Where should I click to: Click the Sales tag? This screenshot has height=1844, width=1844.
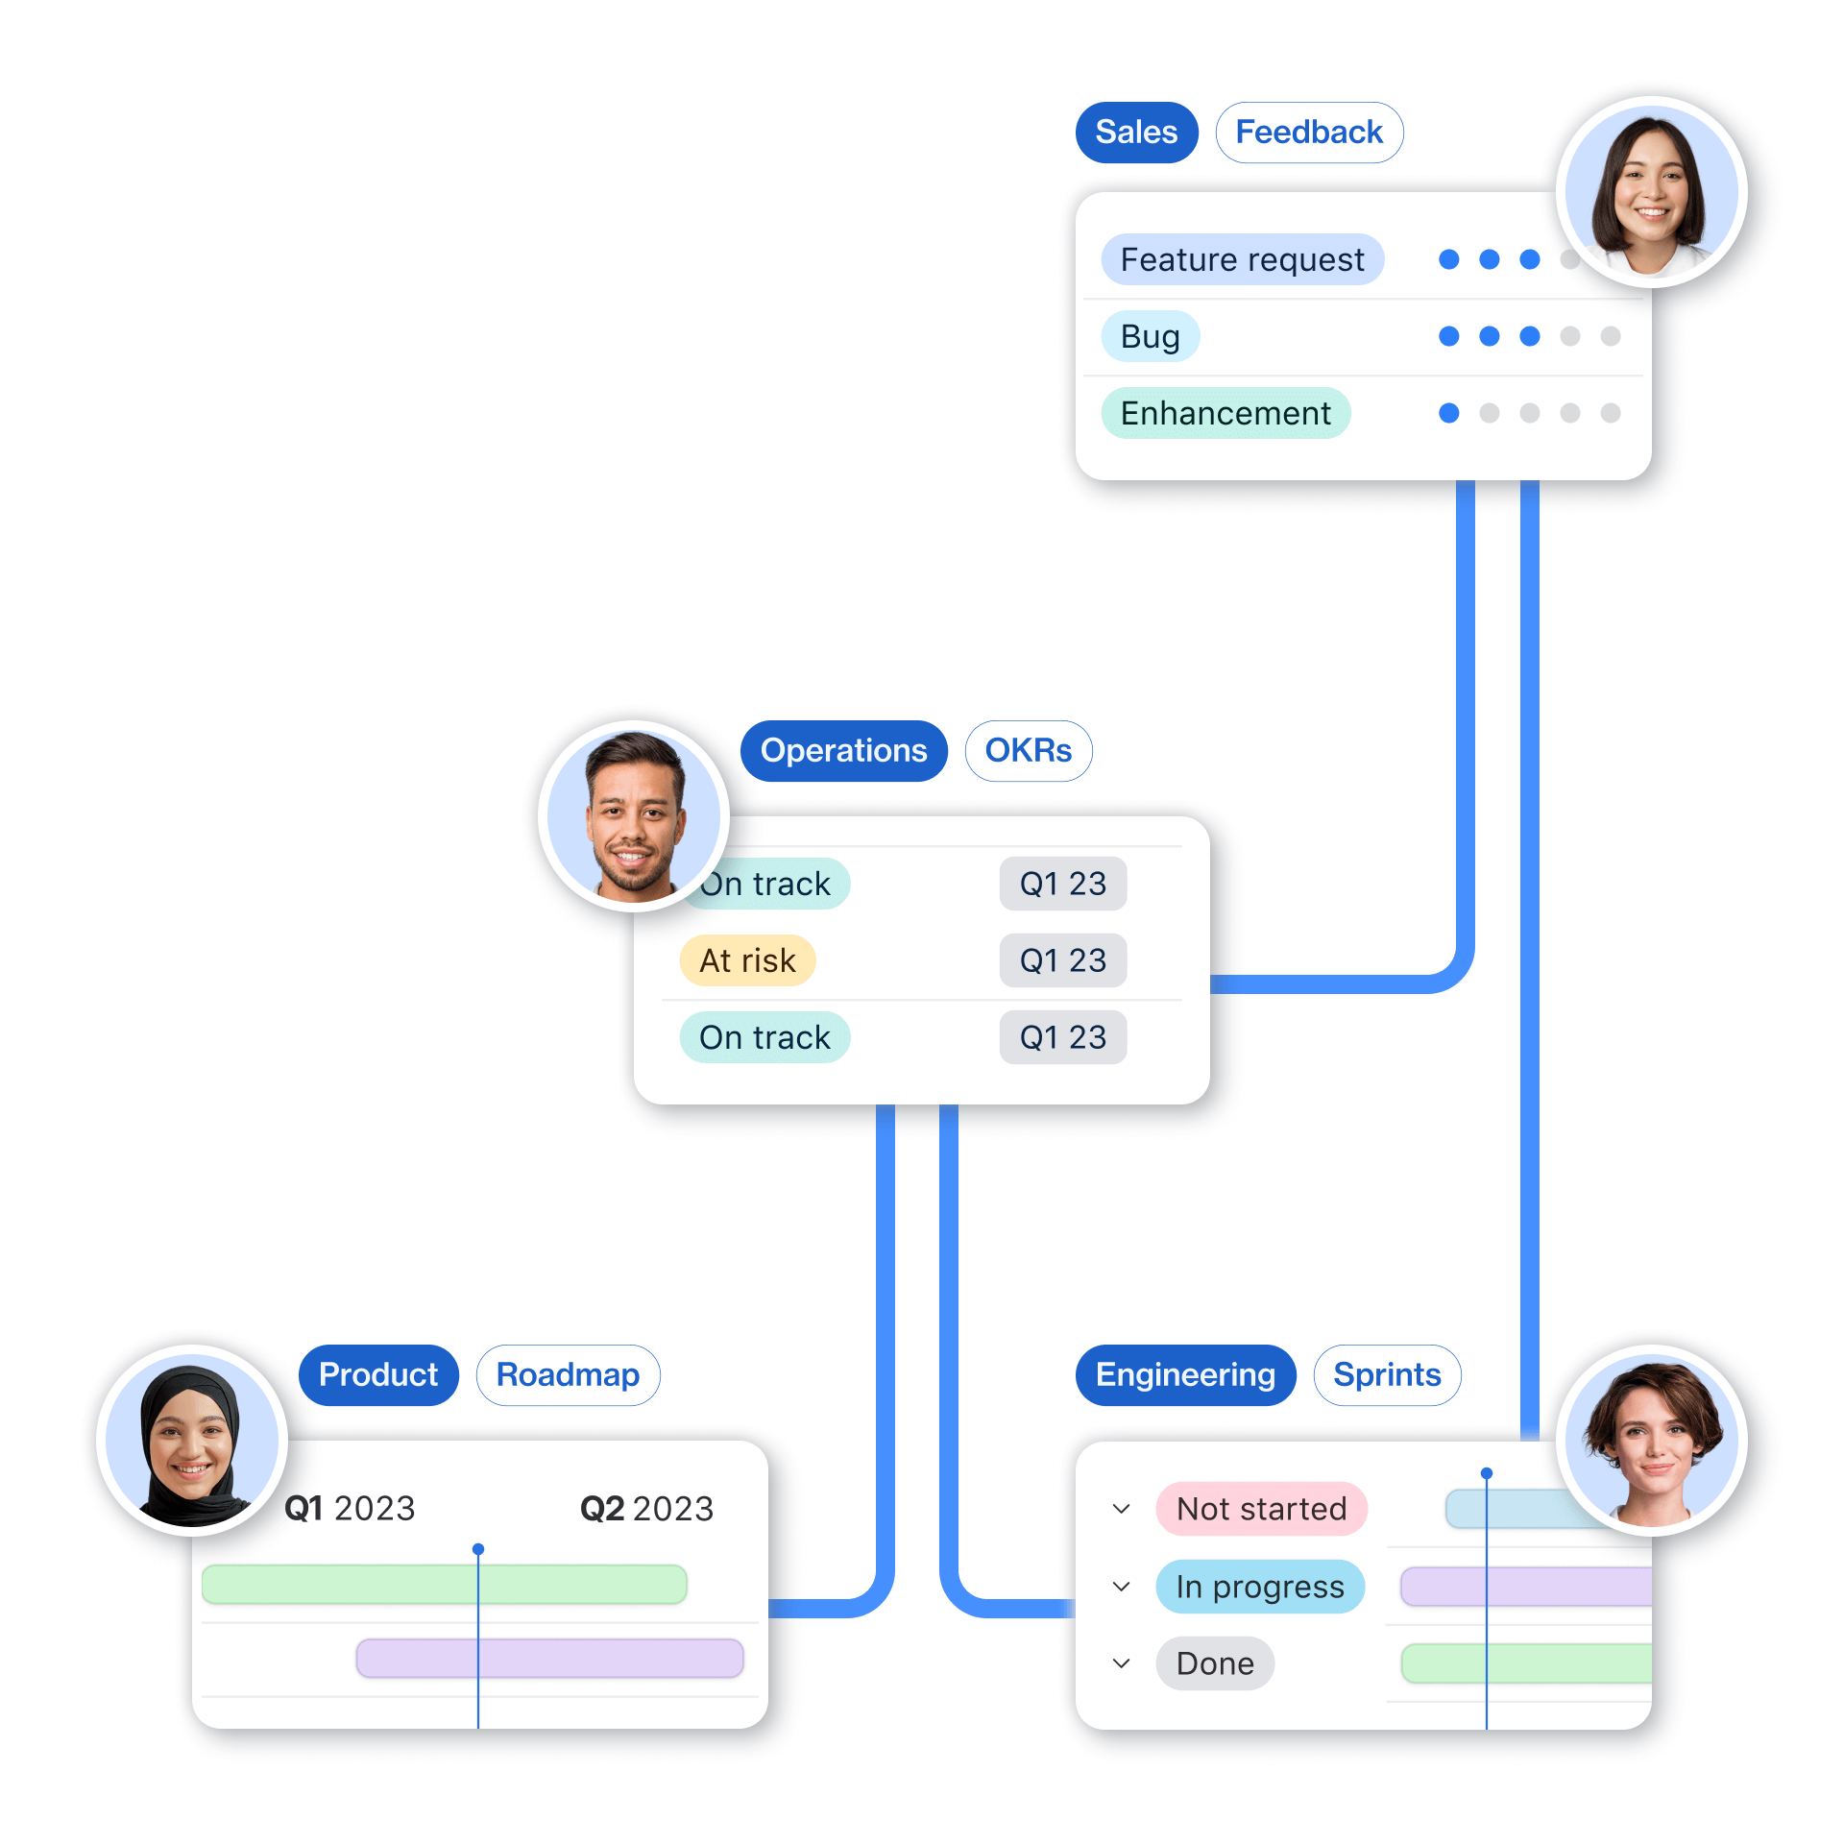click(x=1136, y=133)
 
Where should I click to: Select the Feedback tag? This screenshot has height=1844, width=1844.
click(x=1309, y=133)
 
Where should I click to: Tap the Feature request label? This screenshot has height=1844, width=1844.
click(x=1242, y=259)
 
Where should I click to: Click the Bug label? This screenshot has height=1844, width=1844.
click(x=1150, y=336)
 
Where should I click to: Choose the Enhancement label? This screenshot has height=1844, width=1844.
click(x=1225, y=413)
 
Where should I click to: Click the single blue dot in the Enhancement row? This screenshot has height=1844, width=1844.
click(x=1449, y=413)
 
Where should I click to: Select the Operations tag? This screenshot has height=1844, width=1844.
click(x=843, y=751)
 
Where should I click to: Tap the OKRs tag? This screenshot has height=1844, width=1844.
click(x=1028, y=751)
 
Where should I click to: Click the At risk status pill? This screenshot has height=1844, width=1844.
click(x=747, y=960)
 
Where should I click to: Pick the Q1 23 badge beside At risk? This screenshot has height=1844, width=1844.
click(x=1062, y=960)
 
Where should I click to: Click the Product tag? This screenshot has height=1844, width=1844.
click(x=378, y=1375)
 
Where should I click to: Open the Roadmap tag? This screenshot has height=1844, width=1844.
click(x=568, y=1375)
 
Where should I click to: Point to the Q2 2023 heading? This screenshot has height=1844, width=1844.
click(x=646, y=1509)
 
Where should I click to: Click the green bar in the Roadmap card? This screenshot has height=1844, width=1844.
click(x=444, y=1585)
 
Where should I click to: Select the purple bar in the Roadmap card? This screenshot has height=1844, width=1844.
click(x=549, y=1659)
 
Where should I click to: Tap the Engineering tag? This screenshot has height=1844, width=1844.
click(x=1185, y=1375)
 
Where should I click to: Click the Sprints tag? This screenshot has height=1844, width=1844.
click(x=1387, y=1375)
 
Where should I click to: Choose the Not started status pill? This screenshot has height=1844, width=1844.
click(x=1261, y=1509)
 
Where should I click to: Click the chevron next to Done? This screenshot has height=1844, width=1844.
click(x=1121, y=1663)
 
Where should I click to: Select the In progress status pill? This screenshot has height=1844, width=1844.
click(x=1259, y=1587)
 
